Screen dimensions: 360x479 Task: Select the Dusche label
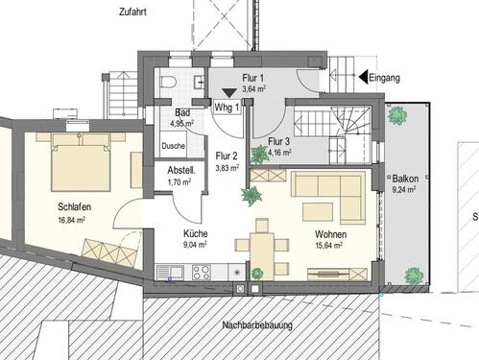click(174, 146)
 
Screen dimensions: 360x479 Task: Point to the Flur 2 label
click(228, 155)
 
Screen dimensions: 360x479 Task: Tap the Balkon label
click(404, 179)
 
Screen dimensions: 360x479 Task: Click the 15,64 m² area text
click(329, 245)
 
